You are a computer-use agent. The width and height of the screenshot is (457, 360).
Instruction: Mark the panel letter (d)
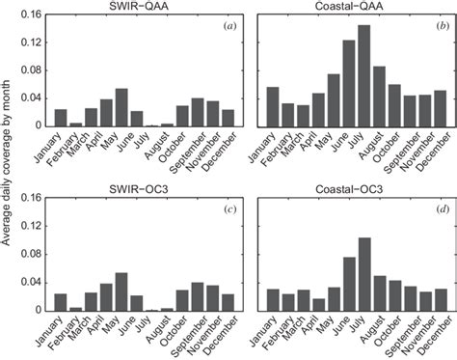tap(440, 208)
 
